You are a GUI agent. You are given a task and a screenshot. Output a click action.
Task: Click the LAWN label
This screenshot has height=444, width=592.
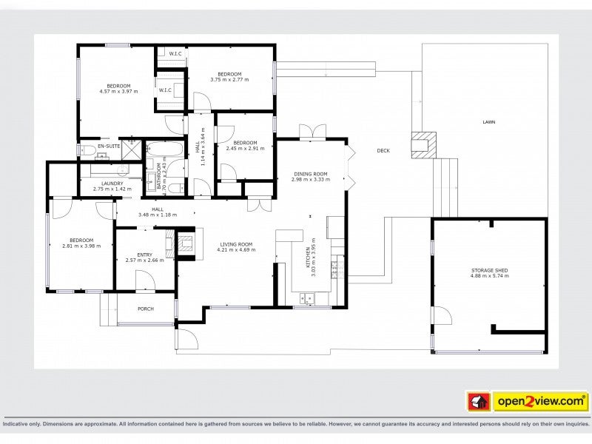click(x=488, y=122)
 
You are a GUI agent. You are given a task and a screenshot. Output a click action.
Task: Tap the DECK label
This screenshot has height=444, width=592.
click(x=383, y=151)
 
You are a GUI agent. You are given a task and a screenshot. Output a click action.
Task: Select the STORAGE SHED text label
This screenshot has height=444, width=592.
click(x=490, y=271)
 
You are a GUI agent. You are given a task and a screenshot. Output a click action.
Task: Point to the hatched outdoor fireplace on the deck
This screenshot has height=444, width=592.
click(x=424, y=144)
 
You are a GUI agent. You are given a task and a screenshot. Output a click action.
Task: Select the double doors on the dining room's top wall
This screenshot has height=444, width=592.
click(x=312, y=132)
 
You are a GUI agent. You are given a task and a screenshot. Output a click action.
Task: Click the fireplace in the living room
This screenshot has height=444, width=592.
click(x=184, y=242)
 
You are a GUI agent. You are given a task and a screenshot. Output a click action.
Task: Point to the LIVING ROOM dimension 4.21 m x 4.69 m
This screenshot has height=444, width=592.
click(x=235, y=250)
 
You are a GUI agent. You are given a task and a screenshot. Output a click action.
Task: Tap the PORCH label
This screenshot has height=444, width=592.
click(x=146, y=309)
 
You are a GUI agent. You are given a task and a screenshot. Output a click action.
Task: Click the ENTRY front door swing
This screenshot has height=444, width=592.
click(x=145, y=280)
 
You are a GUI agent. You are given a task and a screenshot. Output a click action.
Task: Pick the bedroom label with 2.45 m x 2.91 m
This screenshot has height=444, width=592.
click(x=244, y=148)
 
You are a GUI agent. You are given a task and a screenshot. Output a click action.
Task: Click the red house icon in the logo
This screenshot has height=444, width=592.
click(x=478, y=402)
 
